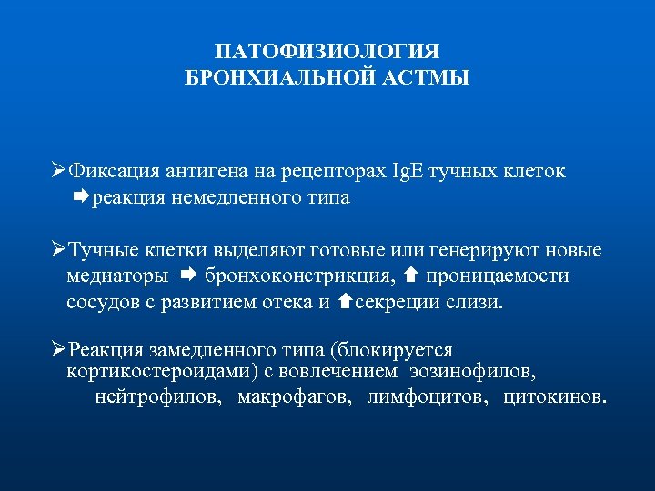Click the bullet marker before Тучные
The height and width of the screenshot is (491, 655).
click(x=59, y=250)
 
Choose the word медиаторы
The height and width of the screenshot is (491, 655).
click(x=117, y=276)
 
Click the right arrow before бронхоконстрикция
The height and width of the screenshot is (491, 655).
click(x=188, y=275)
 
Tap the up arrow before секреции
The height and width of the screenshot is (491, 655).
click(x=345, y=301)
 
